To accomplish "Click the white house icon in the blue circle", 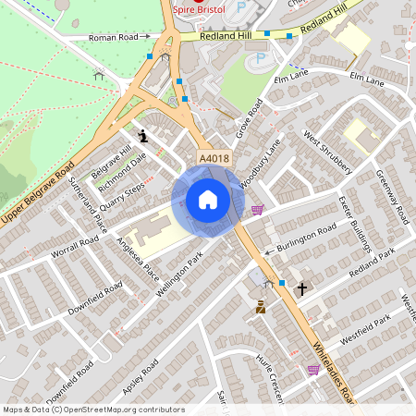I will click(x=208, y=199).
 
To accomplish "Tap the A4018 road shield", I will click(x=214, y=159).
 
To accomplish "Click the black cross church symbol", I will click(x=301, y=289).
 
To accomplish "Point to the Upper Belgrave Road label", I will click(x=37, y=196).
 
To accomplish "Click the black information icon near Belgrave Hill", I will click(x=142, y=136).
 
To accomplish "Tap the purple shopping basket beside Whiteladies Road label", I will click(x=313, y=370).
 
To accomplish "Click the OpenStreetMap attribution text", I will click(x=92, y=409).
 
